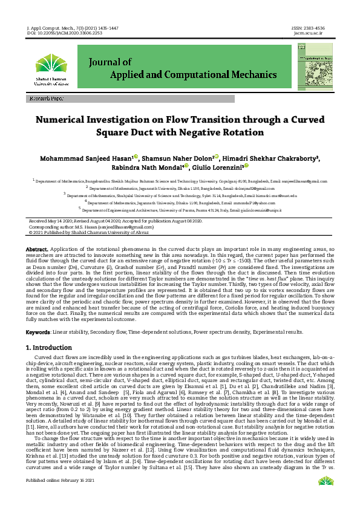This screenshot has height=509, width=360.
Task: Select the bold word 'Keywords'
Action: (x=38, y=332)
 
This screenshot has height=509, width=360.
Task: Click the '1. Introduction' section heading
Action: (x=50, y=348)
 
